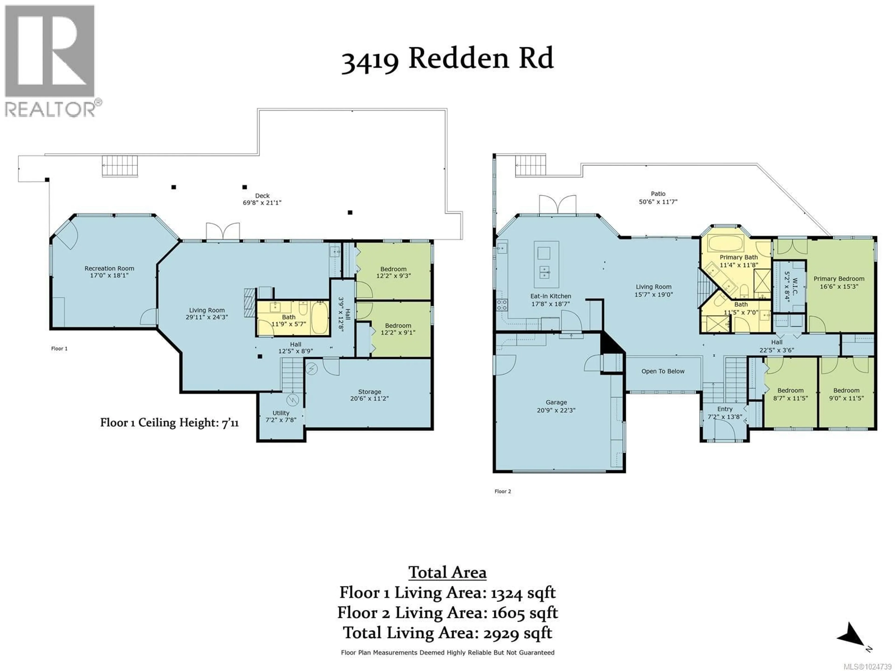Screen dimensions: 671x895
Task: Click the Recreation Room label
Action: pos(109,268)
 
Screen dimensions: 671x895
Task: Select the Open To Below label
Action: pos(663,371)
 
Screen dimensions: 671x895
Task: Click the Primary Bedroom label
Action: pos(839,279)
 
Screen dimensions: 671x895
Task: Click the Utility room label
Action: pos(281,413)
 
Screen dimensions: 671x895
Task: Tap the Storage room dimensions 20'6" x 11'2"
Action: pos(369,398)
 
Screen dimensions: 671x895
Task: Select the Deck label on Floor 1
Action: pos(262,196)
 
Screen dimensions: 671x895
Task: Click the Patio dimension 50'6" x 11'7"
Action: pos(658,202)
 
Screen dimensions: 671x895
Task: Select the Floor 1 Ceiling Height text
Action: pos(169,423)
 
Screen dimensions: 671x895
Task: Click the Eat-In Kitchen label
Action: pos(551,296)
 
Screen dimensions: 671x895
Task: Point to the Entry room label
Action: pos(725,409)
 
